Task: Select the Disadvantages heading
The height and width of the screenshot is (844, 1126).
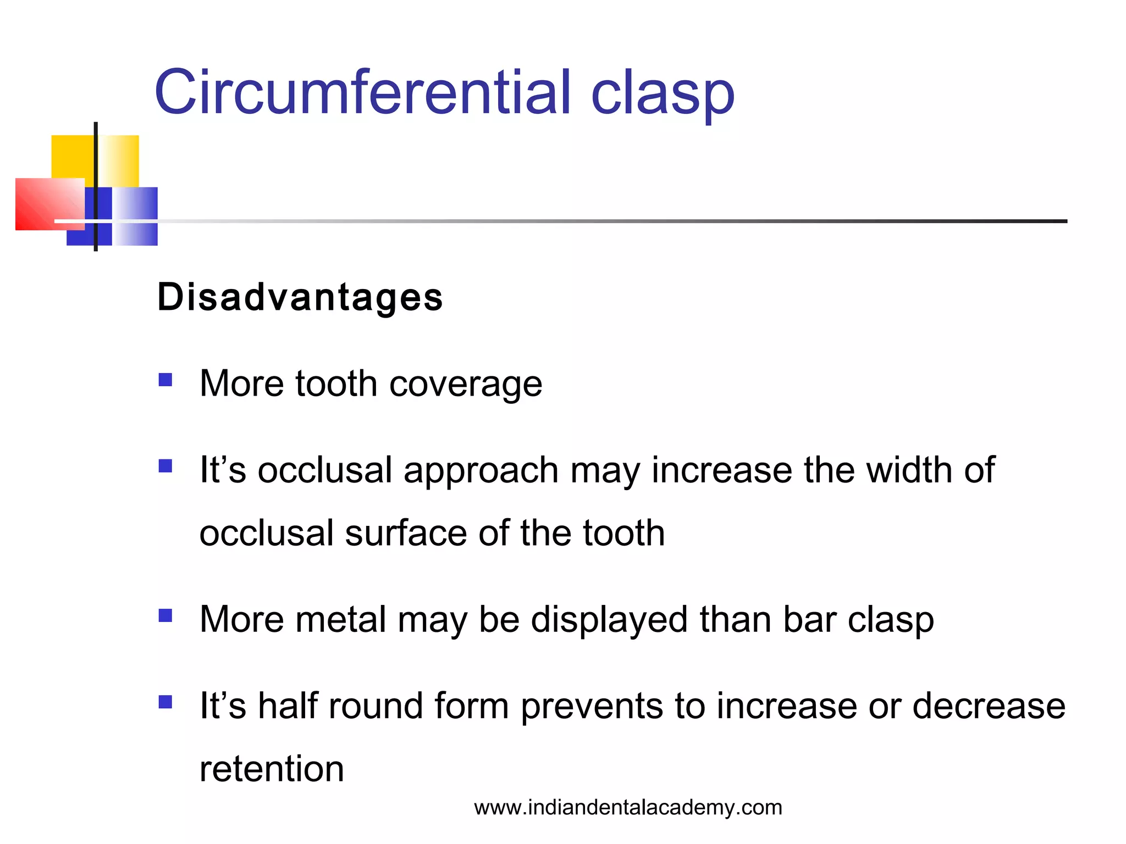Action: [x=300, y=297]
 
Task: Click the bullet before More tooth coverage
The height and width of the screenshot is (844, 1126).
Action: [x=165, y=380]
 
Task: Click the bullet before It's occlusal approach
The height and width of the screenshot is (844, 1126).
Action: [x=165, y=466]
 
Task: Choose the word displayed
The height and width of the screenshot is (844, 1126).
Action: [x=609, y=620]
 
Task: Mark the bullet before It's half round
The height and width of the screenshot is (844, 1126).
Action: [x=165, y=702]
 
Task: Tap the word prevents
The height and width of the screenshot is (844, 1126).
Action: [x=592, y=707]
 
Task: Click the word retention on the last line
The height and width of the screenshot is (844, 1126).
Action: [x=272, y=769]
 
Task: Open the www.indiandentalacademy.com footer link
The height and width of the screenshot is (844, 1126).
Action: [x=628, y=808]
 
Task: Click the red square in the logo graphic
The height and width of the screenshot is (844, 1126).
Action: [x=47, y=203]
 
